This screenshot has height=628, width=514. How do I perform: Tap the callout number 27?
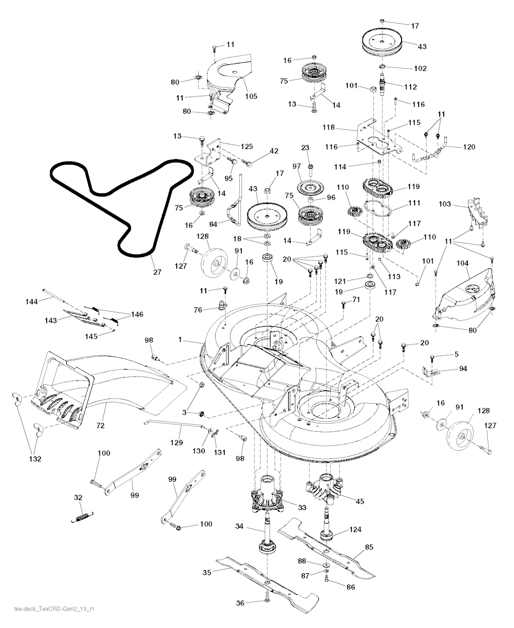point(157,273)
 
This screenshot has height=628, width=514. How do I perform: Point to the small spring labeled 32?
point(83,516)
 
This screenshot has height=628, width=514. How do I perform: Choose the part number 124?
point(355,529)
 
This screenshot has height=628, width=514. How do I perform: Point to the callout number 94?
point(462,369)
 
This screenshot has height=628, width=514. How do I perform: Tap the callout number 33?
point(301,508)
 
